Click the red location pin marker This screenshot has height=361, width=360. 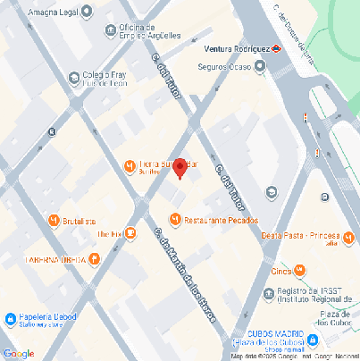[179, 167]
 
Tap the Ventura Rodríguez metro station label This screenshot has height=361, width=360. [236, 49]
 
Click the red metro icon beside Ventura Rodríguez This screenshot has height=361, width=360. [278, 49]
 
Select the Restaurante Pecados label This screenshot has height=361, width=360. [221, 219]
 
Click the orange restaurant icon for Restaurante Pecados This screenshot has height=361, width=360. [175, 219]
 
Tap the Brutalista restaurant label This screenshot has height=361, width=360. [80, 221]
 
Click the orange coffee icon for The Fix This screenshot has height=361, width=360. [130, 233]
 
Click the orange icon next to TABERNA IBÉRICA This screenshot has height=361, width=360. [95, 259]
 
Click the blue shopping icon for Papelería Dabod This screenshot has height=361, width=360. [10, 318]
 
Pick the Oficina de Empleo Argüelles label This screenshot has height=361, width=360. [149, 30]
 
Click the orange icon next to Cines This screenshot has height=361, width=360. [300, 270]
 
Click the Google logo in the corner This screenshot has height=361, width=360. [18, 353]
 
